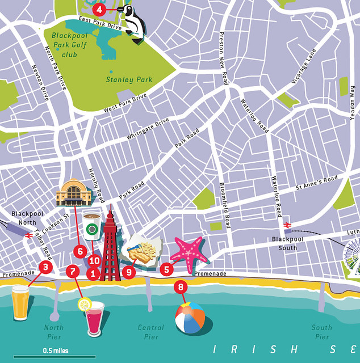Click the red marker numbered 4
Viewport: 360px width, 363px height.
tap(99, 9)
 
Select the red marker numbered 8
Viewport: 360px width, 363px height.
tap(181, 287)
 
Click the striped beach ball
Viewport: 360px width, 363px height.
tap(190, 318)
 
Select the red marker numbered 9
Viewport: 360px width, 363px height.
tap(129, 272)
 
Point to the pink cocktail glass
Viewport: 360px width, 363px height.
tap(94, 319)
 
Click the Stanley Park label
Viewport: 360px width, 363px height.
tap(128, 80)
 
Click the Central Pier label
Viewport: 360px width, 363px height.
tap(150, 332)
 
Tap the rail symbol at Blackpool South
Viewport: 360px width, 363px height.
tap(288, 225)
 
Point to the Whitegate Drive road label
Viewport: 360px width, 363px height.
tap(148, 129)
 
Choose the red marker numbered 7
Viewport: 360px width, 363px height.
tap(72, 271)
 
